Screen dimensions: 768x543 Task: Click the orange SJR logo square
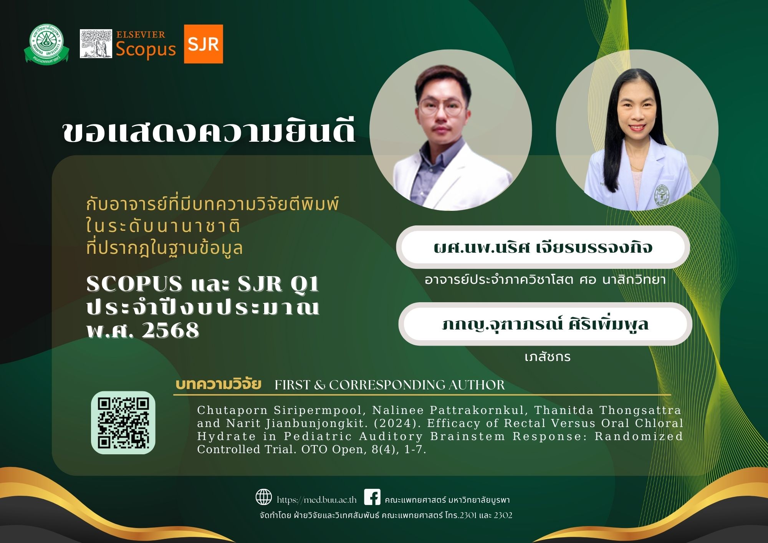click(204, 44)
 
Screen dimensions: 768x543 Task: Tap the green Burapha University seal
click(46, 43)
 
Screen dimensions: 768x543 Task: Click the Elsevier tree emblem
click(96, 44)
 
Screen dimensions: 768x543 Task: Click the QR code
click(123, 422)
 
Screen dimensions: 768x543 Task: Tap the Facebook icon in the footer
click(372, 497)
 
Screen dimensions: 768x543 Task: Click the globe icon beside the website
click(264, 497)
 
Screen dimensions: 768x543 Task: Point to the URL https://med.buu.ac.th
click(317, 500)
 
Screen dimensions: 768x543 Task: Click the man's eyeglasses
click(441, 106)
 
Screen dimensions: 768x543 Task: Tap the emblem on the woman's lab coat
click(662, 194)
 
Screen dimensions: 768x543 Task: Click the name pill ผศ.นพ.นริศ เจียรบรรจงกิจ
click(543, 247)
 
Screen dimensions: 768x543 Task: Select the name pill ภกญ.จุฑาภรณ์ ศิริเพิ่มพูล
click(545, 324)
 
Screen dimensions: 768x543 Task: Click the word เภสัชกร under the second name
click(548, 357)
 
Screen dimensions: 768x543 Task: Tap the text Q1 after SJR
click(305, 284)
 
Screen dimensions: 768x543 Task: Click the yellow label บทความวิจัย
click(218, 384)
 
